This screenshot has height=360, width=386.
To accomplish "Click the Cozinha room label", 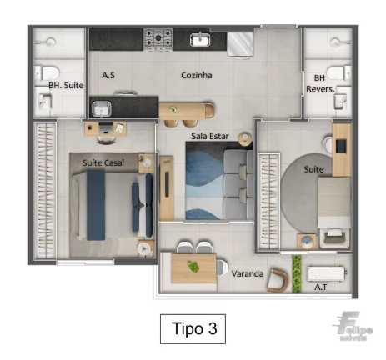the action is coord(197,75).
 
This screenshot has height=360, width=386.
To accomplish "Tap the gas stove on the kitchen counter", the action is coord(158,40).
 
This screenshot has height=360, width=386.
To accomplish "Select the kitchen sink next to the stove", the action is coord(200,39).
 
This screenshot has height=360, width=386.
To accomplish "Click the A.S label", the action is coord(108,75).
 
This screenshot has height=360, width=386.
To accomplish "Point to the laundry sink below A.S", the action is coord(102,109).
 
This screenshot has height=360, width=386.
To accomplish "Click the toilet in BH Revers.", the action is coord(338,72).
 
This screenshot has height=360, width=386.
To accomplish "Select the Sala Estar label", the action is coord(210,136).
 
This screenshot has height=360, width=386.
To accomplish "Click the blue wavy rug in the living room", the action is coord(205,181).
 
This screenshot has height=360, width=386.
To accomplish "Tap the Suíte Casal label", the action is coord(103,162).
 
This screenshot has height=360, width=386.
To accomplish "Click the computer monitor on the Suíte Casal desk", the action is coord(106,127).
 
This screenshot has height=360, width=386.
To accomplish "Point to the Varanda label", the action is coord(248,274).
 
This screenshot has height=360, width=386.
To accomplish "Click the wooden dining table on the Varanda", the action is coord(193,268).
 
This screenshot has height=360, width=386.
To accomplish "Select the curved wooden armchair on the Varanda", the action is coord(278,281).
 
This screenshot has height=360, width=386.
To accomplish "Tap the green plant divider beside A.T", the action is coord(297,274).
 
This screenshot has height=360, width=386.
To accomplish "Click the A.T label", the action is coord(321,287).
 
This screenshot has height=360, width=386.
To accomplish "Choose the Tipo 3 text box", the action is coord(193,329).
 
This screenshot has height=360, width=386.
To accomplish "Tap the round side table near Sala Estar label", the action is coord(245,139).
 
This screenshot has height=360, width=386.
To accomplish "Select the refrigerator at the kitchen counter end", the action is coord(241,44).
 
